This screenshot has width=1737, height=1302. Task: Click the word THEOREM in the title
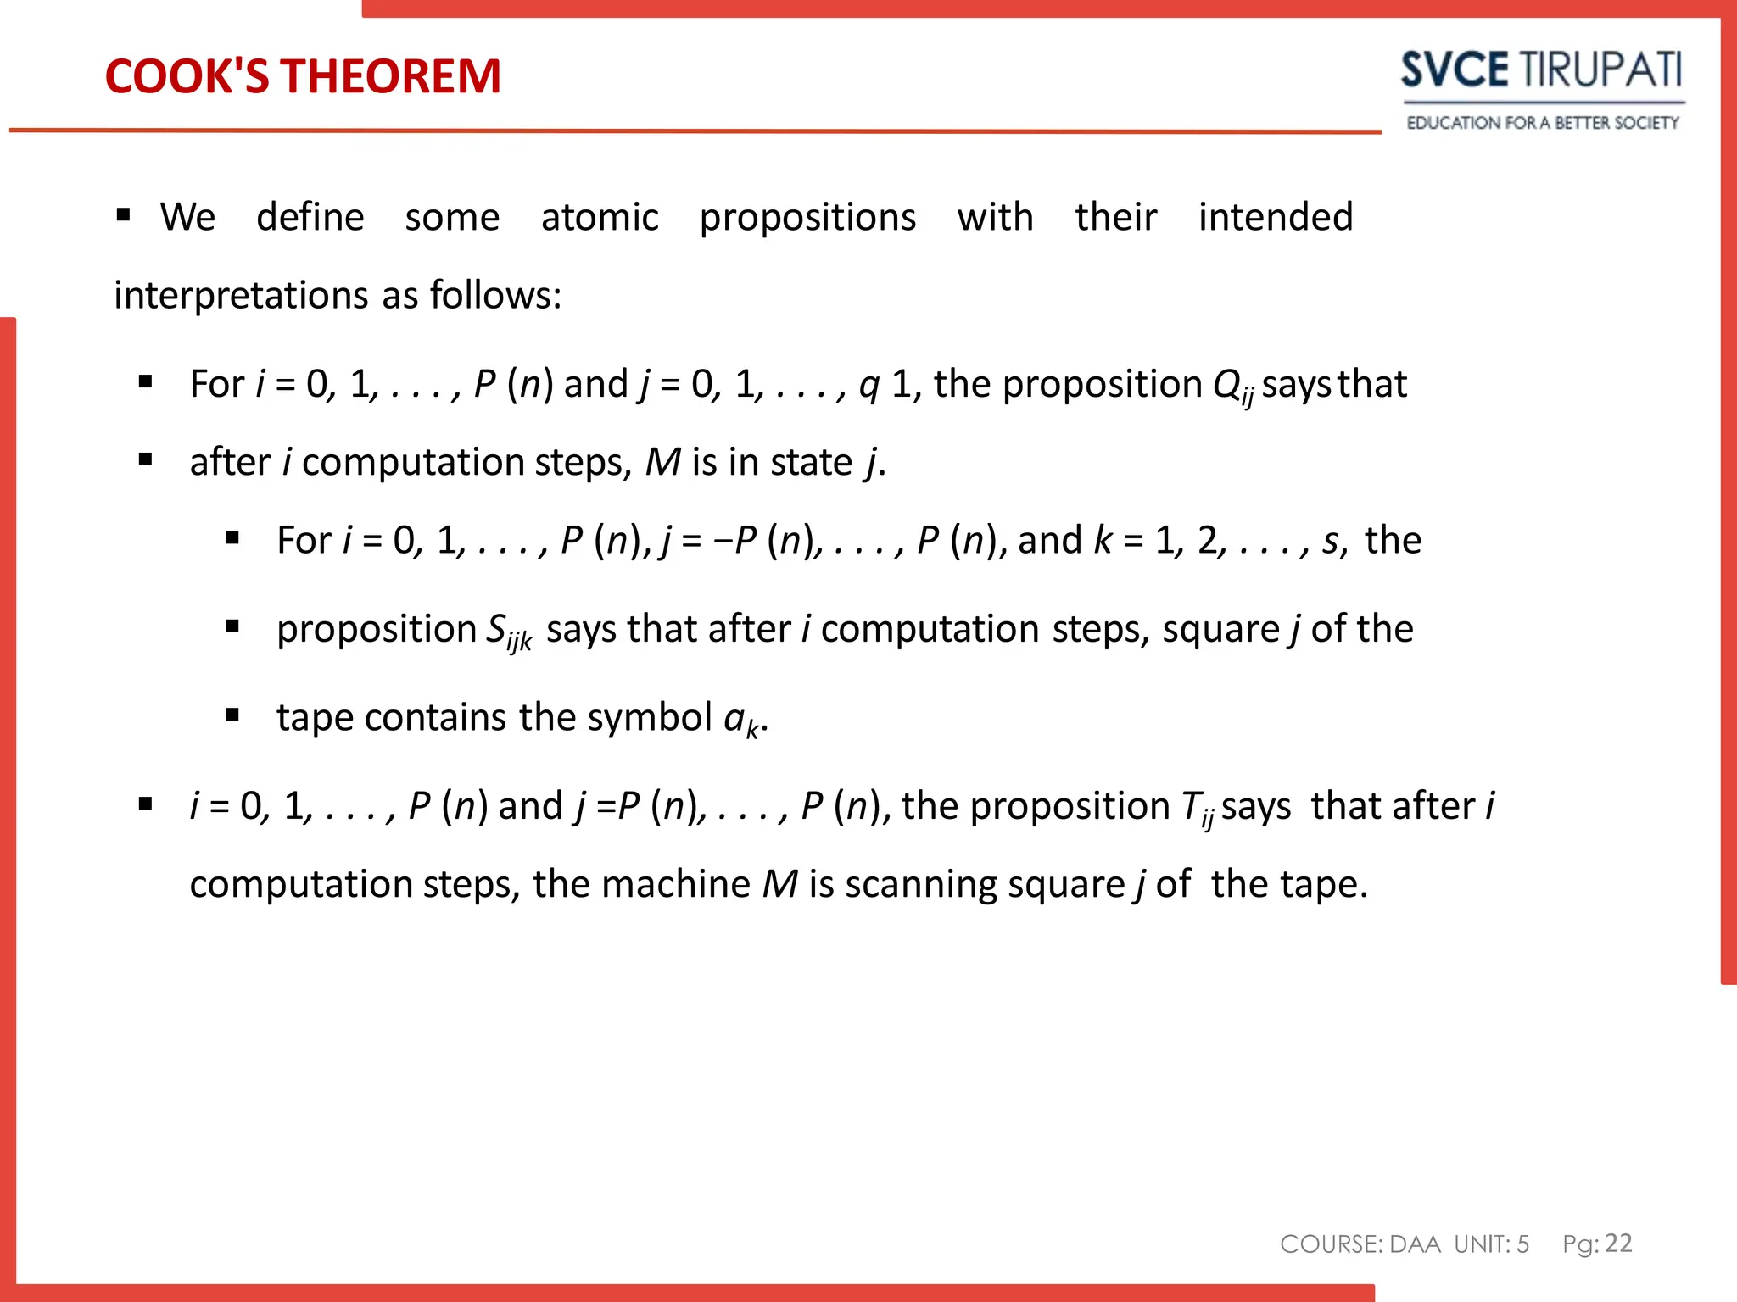point(391,76)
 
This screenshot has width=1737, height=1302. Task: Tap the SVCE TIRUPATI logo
point(1541,70)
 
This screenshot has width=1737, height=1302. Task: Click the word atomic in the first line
point(600,217)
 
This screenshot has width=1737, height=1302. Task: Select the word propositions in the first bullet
point(807,218)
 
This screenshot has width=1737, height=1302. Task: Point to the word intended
point(1275,217)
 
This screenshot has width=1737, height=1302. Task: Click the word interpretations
point(241,296)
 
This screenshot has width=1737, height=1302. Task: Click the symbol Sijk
point(509,632)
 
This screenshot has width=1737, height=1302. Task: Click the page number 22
point(1618,1243)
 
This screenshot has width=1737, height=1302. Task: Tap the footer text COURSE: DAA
point(1360,1244)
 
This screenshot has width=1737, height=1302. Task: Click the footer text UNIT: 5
point(1491,1244)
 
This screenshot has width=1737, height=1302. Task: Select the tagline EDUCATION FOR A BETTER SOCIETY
point(1542,123)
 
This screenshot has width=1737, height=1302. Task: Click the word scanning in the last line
point(908,885)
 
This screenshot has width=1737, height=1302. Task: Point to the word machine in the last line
point(675,884)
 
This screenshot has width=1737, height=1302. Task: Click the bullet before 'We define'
point(124,215)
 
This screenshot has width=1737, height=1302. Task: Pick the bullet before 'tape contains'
point(232,715)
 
